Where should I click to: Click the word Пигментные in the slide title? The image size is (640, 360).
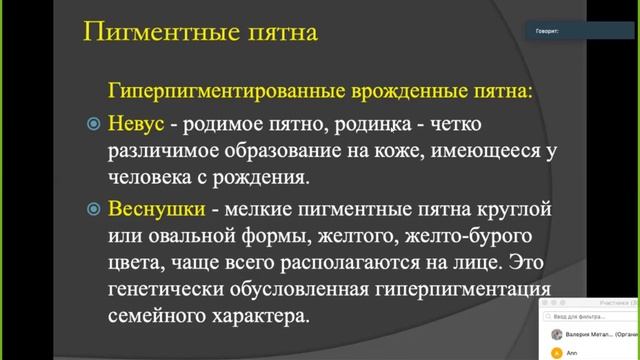[x=142, y=32]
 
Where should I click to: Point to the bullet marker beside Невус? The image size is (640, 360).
[x=93, y=125]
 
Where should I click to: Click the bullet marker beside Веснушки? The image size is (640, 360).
[x=93, y=211]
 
